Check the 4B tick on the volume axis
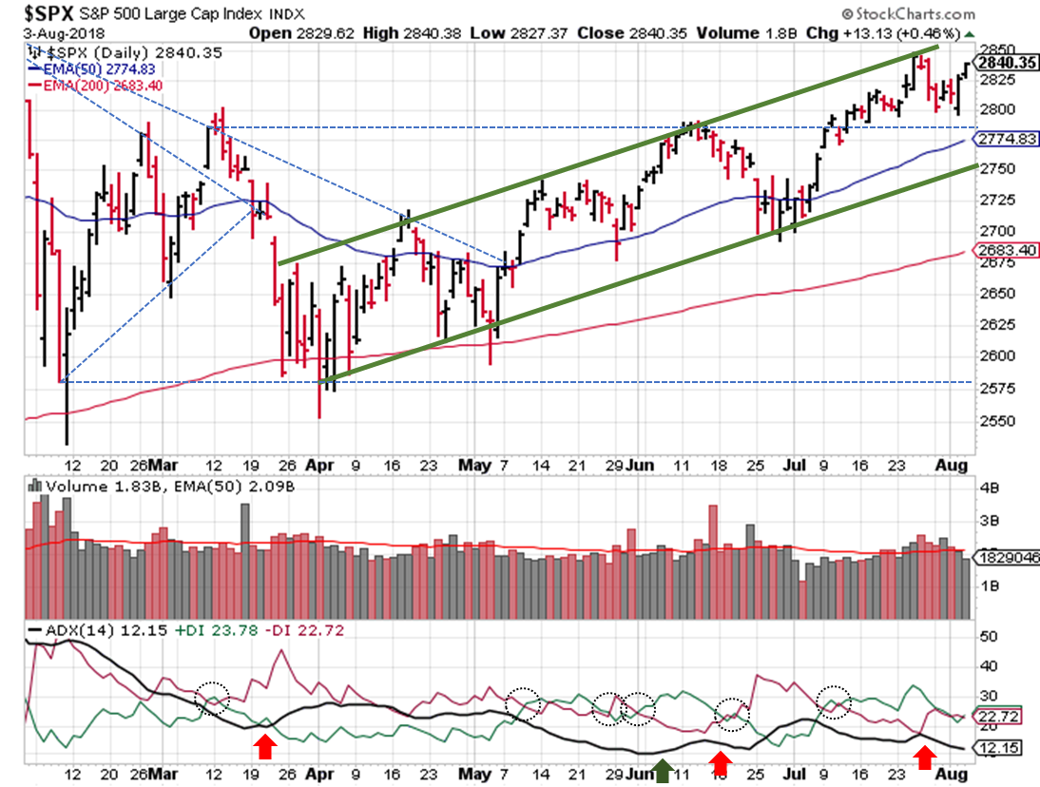[x=988, y=488]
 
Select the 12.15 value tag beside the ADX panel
[x=1000, y=750]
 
